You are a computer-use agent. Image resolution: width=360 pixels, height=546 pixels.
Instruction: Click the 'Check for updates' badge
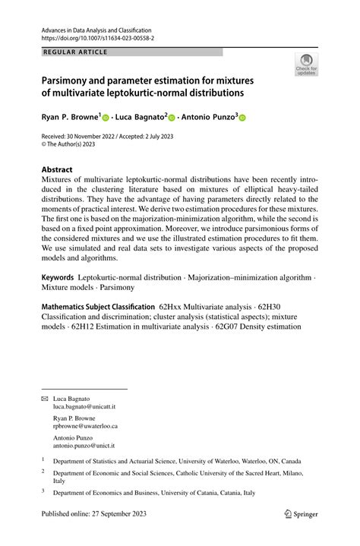(x=307, y=65)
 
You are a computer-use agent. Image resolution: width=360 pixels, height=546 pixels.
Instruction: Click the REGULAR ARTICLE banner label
(x=76, y=52)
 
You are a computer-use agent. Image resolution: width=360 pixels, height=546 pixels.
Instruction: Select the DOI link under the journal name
(x=93, y=37)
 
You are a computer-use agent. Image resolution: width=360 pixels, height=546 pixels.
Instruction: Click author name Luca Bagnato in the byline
(x=140, y=118)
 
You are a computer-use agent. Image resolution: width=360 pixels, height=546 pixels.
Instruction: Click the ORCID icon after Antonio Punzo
(x=244, y=118)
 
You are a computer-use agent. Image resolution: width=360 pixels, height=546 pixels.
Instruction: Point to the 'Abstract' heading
(x=58, y=169)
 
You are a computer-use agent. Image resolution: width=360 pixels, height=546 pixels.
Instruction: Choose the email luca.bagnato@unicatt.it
(x=82, y=407)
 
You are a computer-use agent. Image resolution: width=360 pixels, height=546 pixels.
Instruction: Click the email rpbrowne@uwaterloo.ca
(x=85, y=427)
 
